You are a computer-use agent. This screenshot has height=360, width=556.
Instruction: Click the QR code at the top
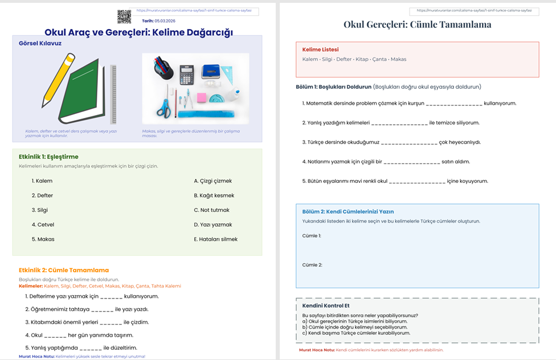124,17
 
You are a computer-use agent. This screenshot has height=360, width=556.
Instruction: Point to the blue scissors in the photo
165,107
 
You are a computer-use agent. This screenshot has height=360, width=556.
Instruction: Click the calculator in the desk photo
186,75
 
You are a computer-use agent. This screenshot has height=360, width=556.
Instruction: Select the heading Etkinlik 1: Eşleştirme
48,157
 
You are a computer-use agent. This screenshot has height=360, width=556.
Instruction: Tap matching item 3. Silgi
40,210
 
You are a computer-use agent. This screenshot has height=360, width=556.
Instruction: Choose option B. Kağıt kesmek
214,195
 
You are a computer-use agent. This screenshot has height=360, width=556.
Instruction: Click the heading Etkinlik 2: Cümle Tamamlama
64,270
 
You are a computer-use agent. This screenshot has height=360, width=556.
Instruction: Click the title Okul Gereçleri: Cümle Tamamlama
417,24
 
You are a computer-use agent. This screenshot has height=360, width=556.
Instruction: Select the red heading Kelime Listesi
320,50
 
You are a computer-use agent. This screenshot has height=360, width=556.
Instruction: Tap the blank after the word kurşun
454,104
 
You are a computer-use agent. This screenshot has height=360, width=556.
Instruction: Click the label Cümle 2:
312,265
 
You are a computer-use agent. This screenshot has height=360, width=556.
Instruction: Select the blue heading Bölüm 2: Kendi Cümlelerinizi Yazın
347,211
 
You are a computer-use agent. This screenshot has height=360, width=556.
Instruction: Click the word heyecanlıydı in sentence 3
464,142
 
